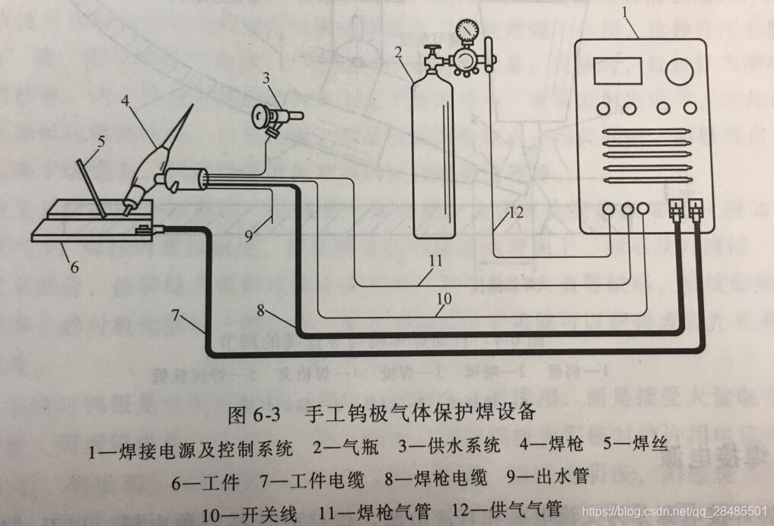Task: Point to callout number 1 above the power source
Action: point(626,11)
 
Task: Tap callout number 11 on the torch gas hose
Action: point(435,260)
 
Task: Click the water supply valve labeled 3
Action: point(275,117)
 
